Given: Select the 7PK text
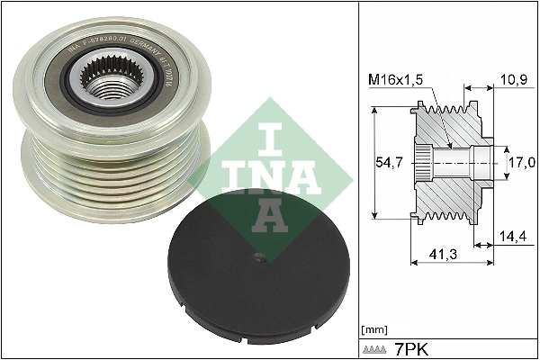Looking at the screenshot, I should [x=411, y=346].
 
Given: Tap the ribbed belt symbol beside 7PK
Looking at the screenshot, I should [x=374, y=347].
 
